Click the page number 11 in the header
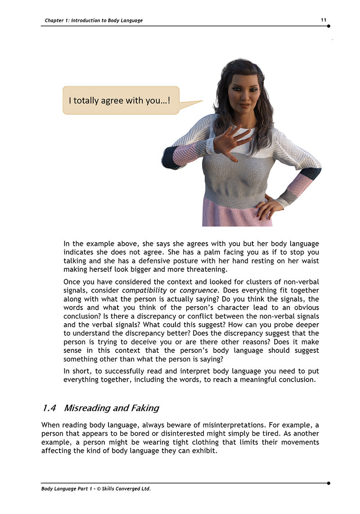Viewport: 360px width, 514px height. tap(324, 20)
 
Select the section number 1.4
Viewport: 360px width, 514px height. tap(49, 408)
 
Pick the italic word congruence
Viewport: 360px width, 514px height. tap(199, 290)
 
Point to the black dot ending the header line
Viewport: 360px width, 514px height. tap(328, 26)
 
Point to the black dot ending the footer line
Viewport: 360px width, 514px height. tap(328, 483)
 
